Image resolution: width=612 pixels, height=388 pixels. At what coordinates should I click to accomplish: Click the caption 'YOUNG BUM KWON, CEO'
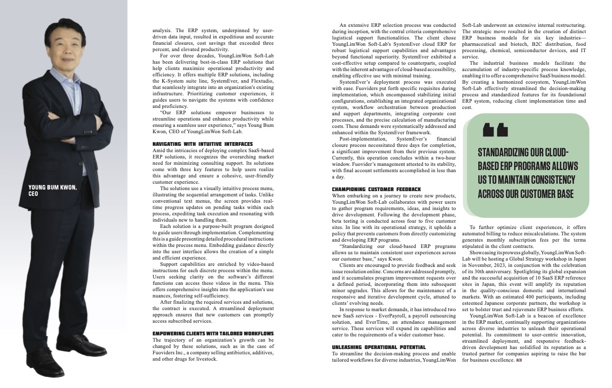[53, 190]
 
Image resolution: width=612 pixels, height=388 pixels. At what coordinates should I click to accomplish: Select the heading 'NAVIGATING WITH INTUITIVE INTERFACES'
[202, 144]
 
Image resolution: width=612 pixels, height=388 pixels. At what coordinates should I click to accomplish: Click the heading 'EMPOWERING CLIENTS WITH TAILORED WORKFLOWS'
[213, 333]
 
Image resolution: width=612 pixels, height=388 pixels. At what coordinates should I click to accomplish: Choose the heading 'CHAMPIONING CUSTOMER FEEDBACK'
[376, 188]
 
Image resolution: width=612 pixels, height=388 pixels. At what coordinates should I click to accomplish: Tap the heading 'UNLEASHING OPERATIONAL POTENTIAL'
[379, 347]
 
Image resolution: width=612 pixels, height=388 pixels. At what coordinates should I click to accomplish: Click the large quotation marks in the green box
[495, 129]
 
